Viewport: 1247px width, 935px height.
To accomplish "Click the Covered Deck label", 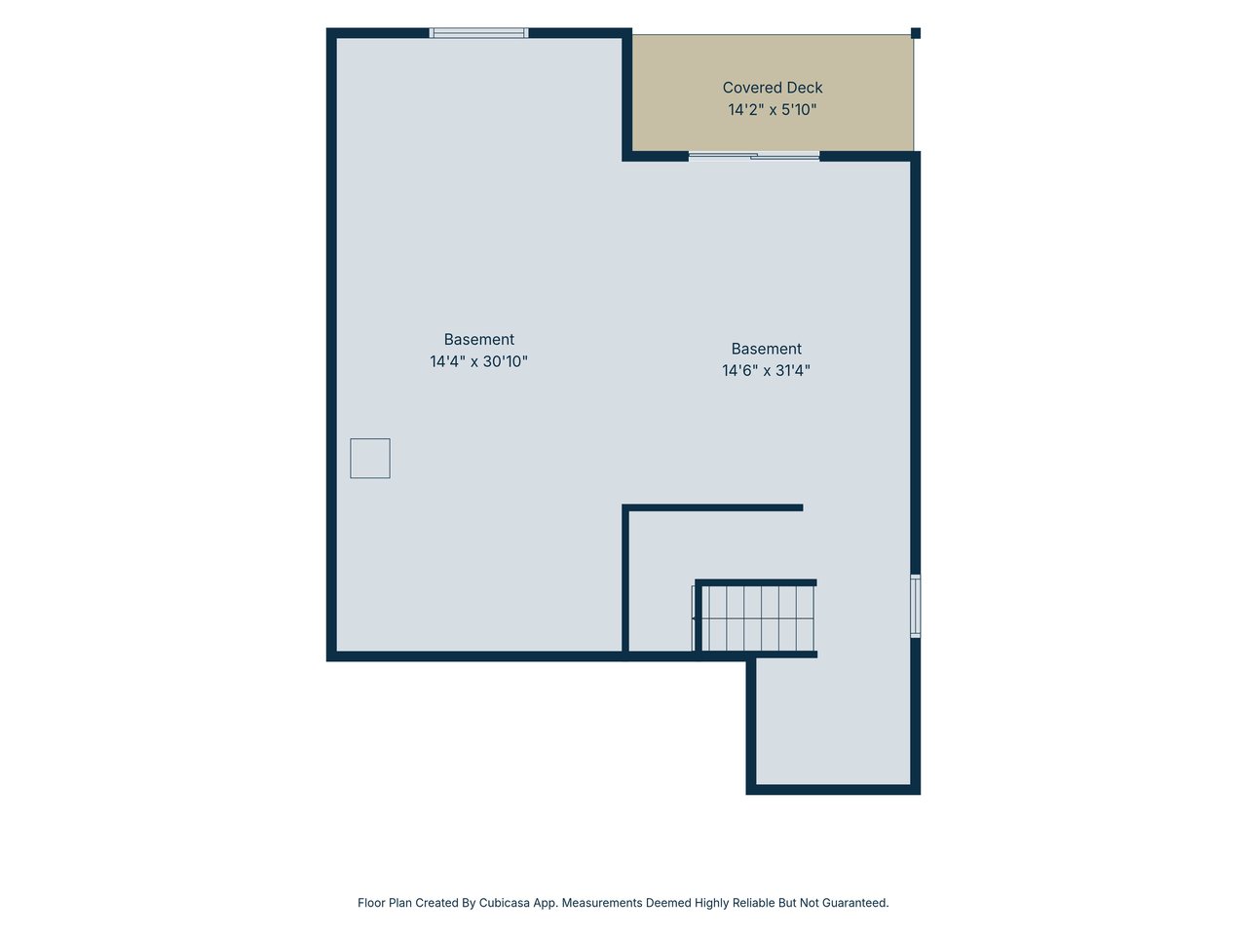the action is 772,88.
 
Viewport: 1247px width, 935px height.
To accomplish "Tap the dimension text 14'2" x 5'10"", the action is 772,109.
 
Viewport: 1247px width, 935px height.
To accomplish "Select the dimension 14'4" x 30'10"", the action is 478,361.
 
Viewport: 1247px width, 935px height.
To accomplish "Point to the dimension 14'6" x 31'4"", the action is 766,370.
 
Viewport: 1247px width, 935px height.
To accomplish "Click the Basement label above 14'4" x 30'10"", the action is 478,339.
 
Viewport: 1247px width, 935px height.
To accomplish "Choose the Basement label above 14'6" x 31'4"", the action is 766,348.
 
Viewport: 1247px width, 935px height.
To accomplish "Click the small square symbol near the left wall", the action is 370,458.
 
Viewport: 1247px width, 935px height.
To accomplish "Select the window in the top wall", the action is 478,33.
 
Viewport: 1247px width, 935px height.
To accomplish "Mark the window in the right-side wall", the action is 915,606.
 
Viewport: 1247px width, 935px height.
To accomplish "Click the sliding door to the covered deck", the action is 754,156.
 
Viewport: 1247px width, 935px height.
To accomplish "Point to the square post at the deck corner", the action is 915,33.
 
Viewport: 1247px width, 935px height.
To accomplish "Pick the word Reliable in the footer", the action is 753,902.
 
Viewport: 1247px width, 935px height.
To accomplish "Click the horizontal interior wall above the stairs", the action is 712,507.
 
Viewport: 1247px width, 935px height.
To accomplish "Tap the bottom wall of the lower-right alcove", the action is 833,790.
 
